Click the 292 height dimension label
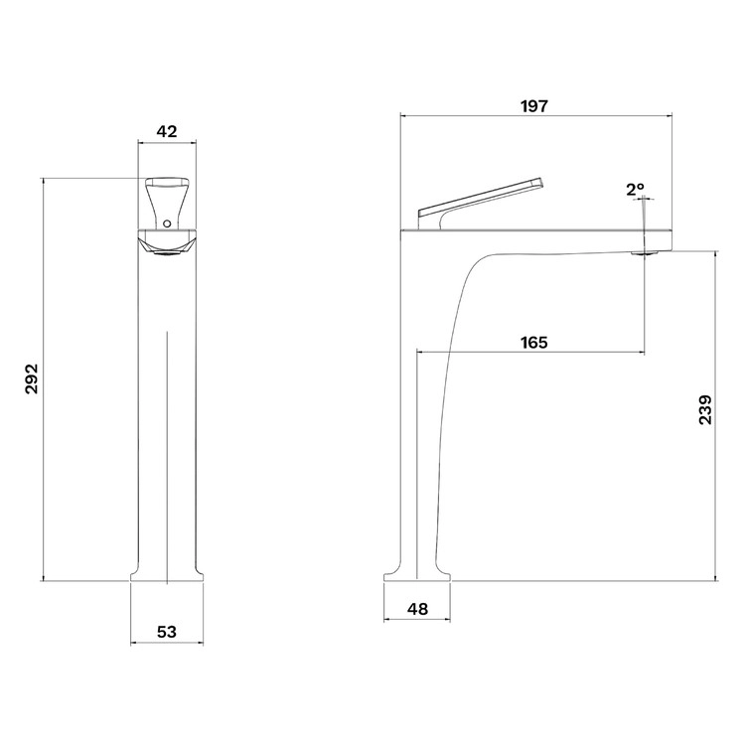point(32,378)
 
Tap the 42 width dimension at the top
point(167,131)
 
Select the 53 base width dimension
point(167,632)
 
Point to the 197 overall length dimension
point(534,106)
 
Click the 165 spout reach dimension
point(534,342)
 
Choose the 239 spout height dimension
point(705,409)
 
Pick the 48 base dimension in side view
point(417,609)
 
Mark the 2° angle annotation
point(635,190)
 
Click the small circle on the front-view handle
point(166,223)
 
